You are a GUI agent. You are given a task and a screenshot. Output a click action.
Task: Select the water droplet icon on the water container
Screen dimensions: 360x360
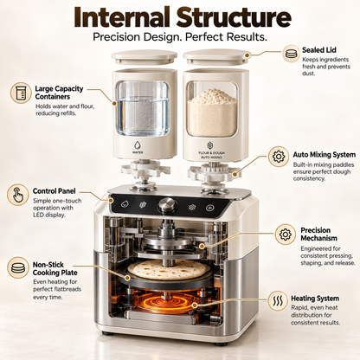pyautogui.click(x=138, y=145)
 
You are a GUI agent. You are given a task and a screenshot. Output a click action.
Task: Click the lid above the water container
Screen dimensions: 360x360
pyautogui.click(x=145, y=57)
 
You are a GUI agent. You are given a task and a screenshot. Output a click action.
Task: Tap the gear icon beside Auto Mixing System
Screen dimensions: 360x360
pyautogui.click(x=279, y=157)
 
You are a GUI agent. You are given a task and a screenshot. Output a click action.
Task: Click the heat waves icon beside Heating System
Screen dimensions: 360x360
pyautogui.click(x=278, y=301)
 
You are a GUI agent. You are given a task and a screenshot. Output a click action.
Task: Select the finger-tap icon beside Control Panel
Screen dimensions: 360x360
pyautogui.click(x=17, y=195)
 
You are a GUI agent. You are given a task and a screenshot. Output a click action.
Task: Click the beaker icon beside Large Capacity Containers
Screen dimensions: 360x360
pyautogui.click(x=21, y=93)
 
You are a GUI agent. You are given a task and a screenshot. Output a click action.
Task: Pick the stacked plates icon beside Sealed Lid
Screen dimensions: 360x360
pyautogui.click(x=292, y=54)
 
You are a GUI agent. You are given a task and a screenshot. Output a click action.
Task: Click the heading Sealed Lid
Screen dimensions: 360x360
pyautogui.click(x=319, y=50)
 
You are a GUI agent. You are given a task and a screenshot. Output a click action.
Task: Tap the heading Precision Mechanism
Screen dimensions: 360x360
pyautogui.click(x=319, y=235)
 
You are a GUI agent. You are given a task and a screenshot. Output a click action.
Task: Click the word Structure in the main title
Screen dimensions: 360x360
pyautogui.click(x=234, y=17)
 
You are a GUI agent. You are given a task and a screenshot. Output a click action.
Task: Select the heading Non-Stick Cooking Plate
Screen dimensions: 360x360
pyautogui.click(x=55, y=268)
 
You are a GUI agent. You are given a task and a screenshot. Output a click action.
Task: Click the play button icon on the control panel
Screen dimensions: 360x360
pyautogui.click(x=209, y=208)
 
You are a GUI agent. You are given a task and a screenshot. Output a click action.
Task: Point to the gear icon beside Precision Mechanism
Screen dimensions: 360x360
pyautogui.click(x=286, y=235)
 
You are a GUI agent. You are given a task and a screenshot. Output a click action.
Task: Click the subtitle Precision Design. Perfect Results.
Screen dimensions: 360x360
pyautogui.click(x=180, y=37)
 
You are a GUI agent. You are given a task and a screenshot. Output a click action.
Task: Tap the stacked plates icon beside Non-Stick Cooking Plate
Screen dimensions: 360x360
pyautogui.click(x=18, y=267)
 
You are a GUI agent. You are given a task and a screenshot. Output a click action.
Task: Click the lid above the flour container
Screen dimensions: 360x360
pyautogui.click(x=217, y=57)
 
